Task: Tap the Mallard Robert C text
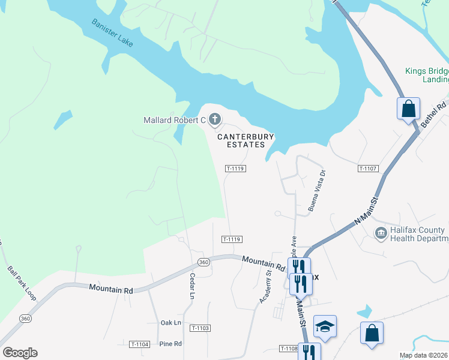(x=174, y=121)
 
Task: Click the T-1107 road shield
(x=368, y=169)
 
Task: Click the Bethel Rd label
(x=433, y=113)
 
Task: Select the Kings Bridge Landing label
(x=427, y=75)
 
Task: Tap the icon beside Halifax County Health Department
(x=381, y=233)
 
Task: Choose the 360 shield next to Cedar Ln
(x=203, y=262)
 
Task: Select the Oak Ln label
(x=170, y=323)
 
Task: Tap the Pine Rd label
(x=170, y=344)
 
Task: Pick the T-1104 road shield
(x=139, y=344)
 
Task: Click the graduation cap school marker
(x=325, y=326)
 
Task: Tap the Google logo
(x=20, y=352)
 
